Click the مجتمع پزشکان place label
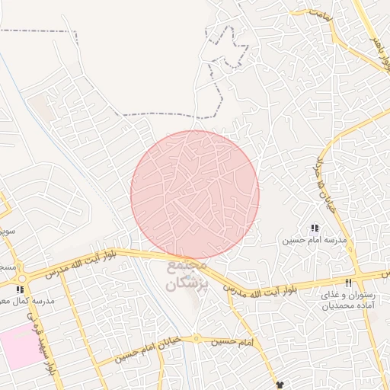182,275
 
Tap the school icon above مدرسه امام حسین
315,228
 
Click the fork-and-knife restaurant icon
349,283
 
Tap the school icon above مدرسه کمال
21,289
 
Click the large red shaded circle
195,195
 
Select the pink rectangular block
18,347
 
